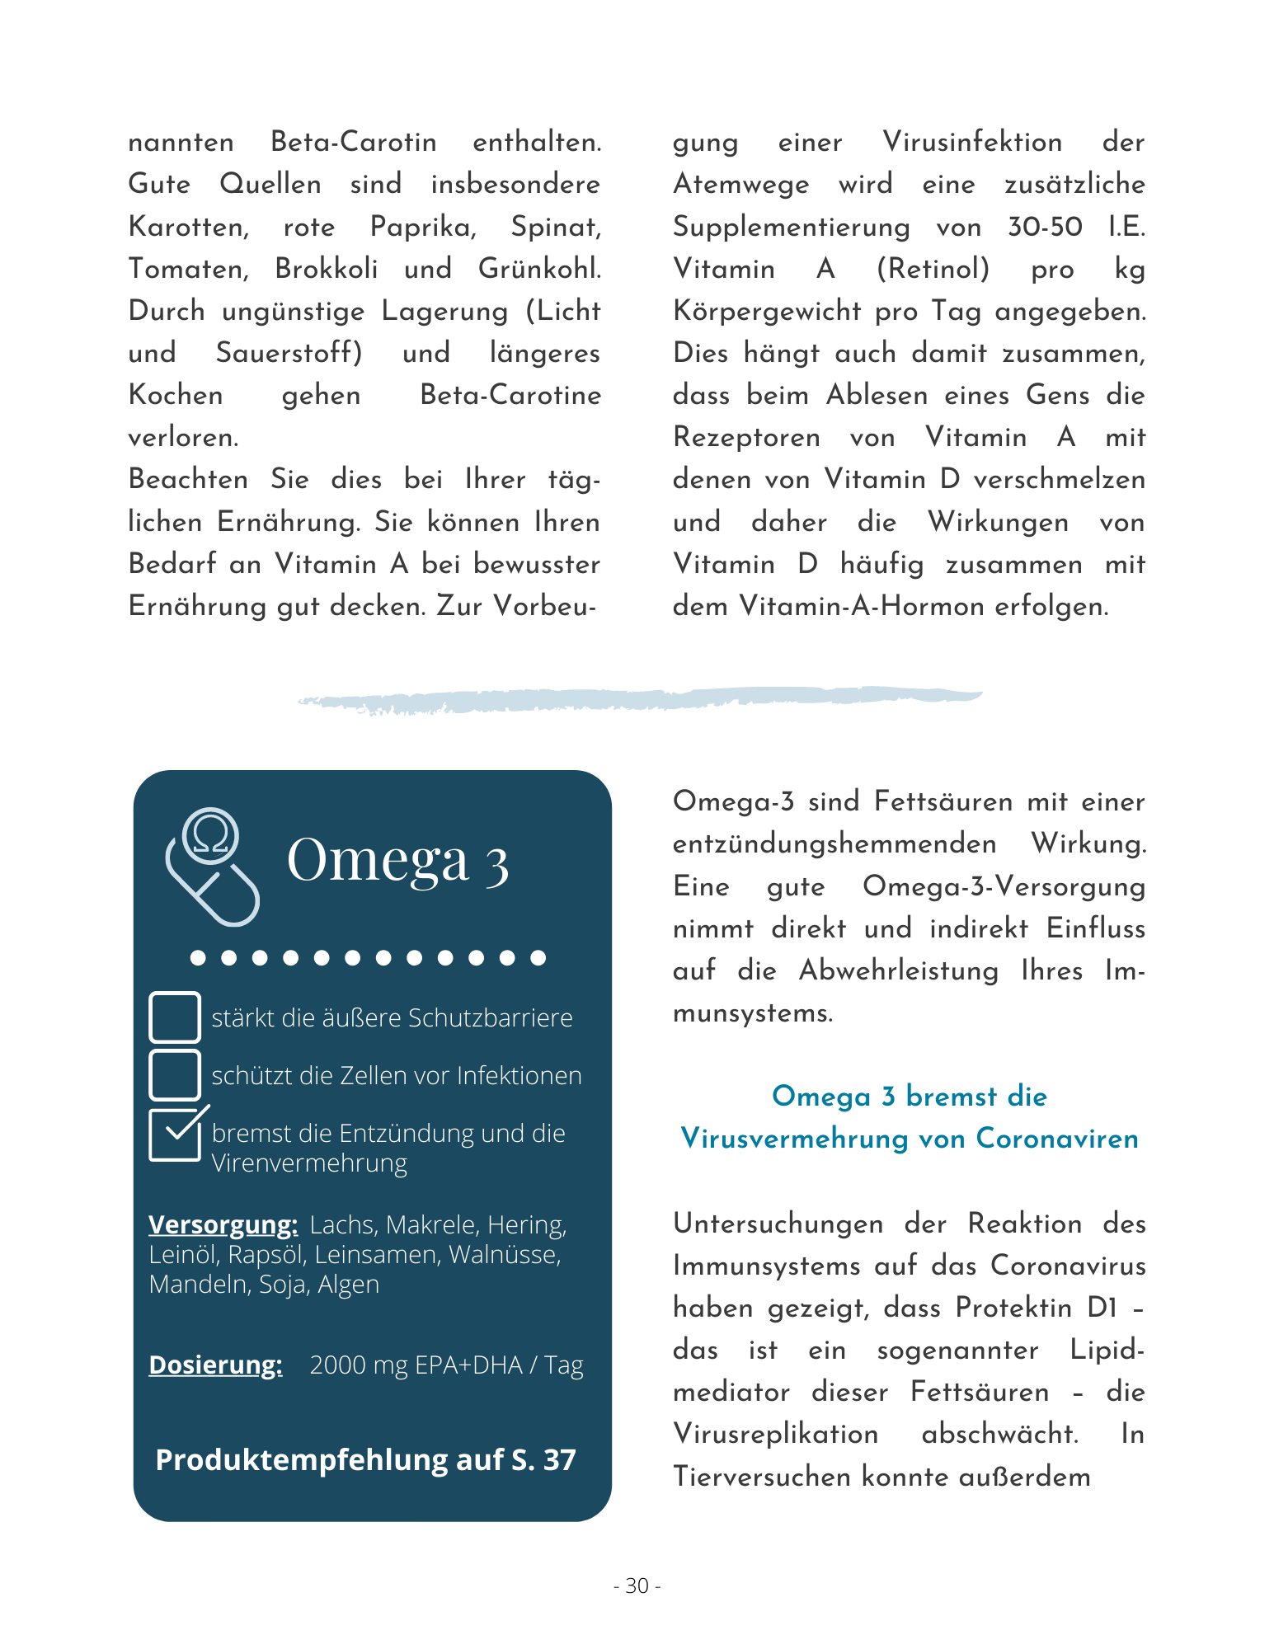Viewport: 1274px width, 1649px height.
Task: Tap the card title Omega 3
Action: (397, 860)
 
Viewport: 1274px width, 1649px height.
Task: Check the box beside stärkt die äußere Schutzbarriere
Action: (174, 1017)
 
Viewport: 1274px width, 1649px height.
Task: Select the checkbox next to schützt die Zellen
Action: (174, 1074)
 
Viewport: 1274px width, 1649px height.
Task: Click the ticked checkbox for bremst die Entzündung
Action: (174, 1135)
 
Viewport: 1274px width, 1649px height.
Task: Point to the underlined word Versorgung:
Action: (223, 1224)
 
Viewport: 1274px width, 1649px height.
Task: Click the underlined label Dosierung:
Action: (215, 1365)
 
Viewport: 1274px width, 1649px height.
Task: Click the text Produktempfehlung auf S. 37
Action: (365, 1459)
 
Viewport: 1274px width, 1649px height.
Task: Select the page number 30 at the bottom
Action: (637, 1586)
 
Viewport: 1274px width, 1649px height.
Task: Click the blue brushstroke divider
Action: (639, 699)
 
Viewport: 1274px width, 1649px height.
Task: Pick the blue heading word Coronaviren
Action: (1057, 1139)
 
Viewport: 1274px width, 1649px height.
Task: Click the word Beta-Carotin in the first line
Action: (354, 142)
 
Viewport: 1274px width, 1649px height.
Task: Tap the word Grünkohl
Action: (539, 269)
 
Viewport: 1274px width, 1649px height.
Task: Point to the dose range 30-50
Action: (1045, 227)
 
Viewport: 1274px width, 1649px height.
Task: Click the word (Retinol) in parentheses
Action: (933, 269)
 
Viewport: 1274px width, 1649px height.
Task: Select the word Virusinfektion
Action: (972, 142)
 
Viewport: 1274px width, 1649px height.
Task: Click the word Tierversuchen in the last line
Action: (761, 1476)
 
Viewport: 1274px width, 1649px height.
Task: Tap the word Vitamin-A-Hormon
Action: (861, 607)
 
